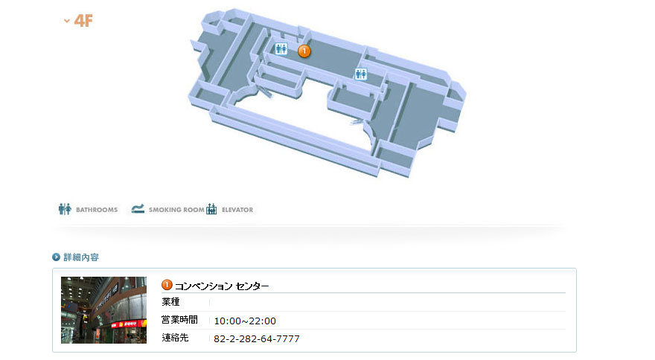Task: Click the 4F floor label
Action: (83, 21)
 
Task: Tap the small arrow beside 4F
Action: (66, 21)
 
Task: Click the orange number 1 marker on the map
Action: (304, 51)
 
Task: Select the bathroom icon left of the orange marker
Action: (281, 49)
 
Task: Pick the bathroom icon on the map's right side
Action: (361, 74)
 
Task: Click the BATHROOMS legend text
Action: (97, 210)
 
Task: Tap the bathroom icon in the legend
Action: (65, 209)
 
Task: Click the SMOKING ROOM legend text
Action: (176, 210)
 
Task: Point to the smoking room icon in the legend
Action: (138, 208)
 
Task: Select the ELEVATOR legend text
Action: (237, 210)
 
